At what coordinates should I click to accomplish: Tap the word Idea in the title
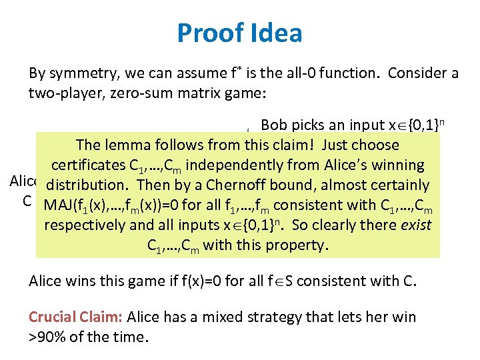[x=273, y=33]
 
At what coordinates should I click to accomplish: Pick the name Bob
[x=274, y=125]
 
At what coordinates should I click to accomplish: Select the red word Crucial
[x=51, y=317]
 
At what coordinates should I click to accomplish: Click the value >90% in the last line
[x=47, y=337]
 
